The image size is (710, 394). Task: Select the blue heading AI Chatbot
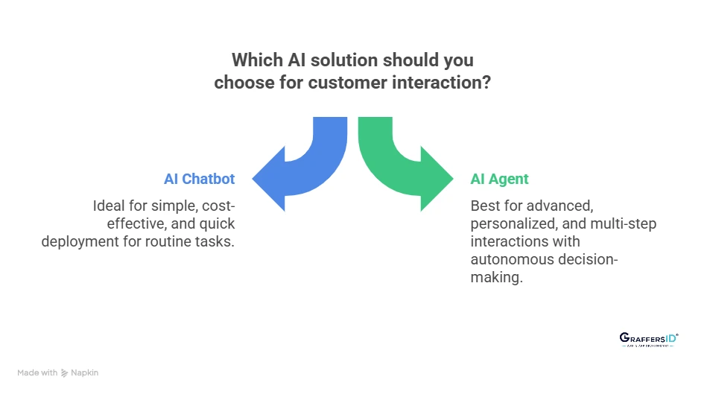tap(199, 179)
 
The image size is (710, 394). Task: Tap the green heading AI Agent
tap(499, 179)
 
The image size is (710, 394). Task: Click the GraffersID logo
tap(649, 340)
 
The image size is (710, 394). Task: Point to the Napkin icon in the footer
tap(65, 372)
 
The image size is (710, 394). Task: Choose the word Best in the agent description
tap(484, 205)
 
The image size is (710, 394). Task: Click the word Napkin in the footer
tap(85, 372)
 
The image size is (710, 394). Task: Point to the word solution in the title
tap(343, 59)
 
